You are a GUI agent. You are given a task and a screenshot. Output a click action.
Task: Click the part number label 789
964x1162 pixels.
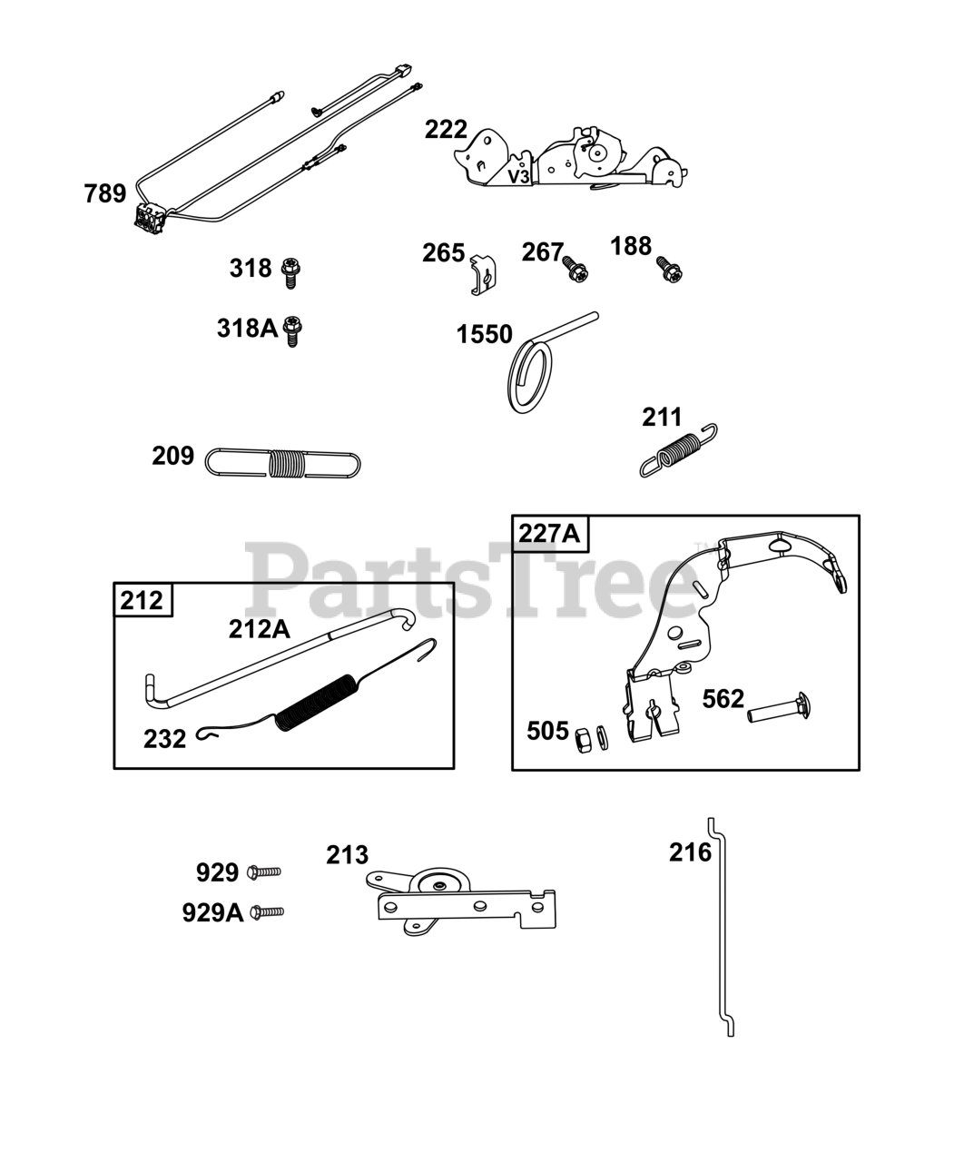click(x=105, y=193)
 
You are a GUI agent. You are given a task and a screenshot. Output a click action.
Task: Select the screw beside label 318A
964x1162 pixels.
click(x=292, y=330)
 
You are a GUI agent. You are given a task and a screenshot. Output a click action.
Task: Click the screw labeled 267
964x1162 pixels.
click(x=575, y=269)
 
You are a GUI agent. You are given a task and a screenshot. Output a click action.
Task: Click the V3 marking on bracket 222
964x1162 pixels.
click(x=519, y=176)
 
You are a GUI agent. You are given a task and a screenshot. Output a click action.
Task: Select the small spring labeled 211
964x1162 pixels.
click(x=680, y=449)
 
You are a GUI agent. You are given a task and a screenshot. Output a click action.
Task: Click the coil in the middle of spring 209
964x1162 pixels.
click(x=287, y=462)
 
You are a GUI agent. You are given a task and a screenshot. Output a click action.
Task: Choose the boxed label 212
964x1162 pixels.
click(x=143, y=600)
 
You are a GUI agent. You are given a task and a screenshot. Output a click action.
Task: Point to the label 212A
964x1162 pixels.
click(x=259, y=629)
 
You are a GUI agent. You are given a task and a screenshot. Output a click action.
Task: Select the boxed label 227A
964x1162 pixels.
click(x=550, y=533)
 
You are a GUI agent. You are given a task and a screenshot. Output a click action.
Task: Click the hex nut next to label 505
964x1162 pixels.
click(x=584, y=737)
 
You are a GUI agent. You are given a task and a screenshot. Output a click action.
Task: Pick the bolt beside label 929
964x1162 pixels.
click(x=264, y=872)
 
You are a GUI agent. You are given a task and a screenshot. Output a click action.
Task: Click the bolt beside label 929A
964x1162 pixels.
click(x=267, y=911)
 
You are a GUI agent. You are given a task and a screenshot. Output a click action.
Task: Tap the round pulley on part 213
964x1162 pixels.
click(x=438, y=883)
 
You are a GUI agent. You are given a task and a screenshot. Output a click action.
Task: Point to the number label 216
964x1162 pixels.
click(x=690, y=852)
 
